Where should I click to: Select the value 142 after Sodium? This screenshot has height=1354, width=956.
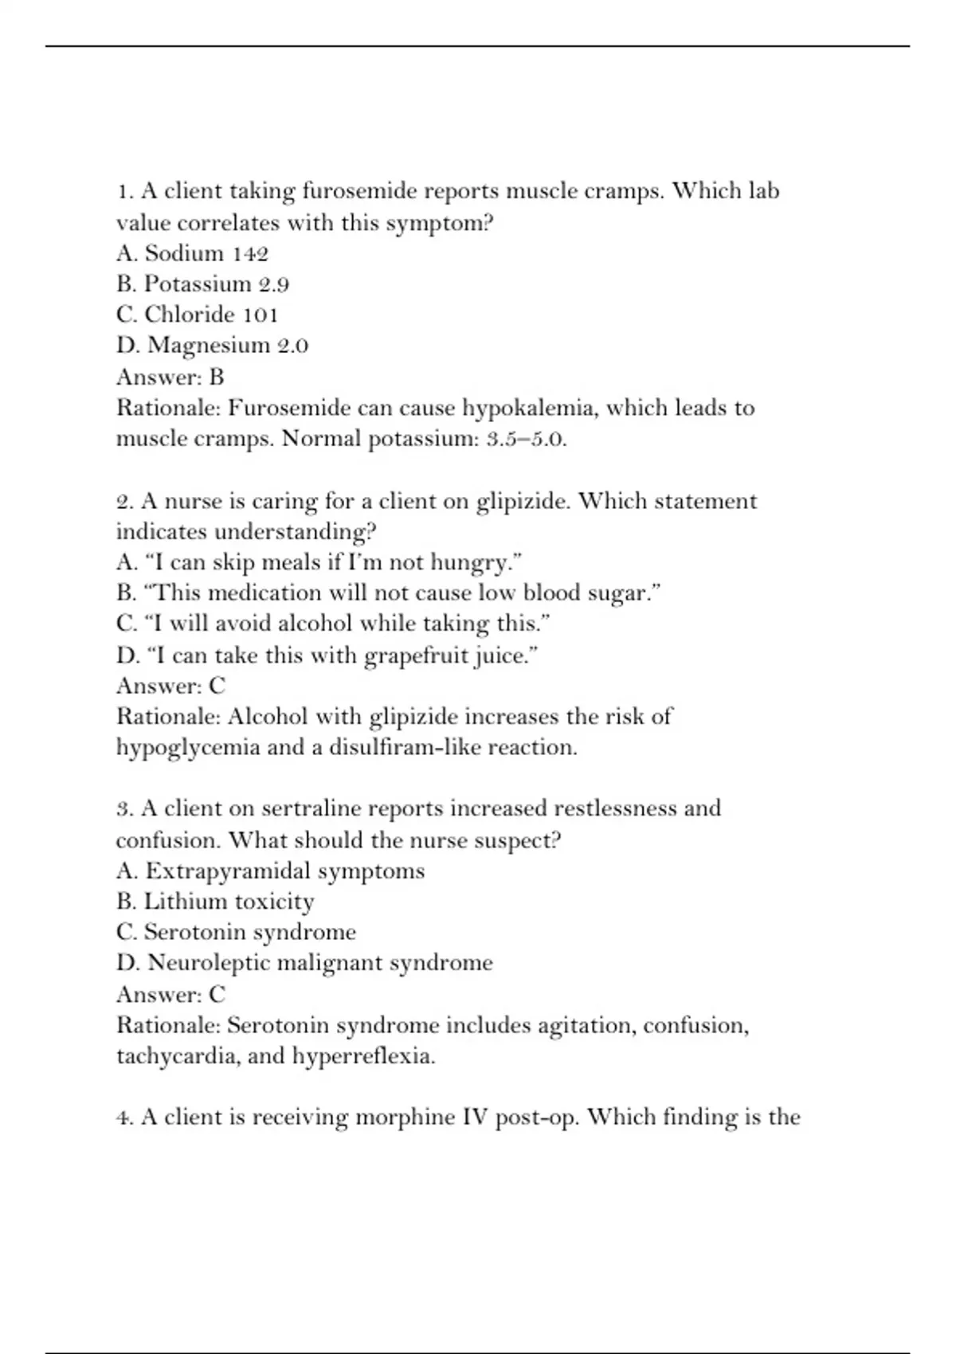250,254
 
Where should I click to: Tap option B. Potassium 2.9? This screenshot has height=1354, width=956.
202,284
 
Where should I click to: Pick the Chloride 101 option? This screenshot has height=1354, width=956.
197,315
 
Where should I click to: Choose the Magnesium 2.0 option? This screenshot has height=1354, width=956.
212,346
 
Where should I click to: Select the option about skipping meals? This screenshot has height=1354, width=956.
319,563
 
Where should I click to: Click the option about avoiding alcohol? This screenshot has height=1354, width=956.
333,624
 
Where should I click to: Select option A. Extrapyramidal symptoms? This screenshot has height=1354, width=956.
270,871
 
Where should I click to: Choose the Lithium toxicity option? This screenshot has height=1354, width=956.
215,902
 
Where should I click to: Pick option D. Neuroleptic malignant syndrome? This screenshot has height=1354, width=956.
304,964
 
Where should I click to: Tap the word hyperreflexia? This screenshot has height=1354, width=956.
363,1057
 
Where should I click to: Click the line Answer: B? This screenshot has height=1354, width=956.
170,377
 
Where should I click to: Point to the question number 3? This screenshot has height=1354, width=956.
123,809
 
